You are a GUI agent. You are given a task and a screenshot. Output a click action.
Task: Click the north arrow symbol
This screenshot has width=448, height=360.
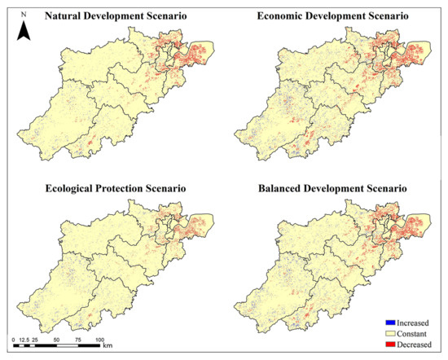tap(24, 30)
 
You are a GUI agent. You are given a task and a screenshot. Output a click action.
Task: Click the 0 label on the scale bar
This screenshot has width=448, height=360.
tap(14, 337)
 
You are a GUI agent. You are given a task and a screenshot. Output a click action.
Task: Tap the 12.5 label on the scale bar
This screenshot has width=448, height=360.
tap(24, 337)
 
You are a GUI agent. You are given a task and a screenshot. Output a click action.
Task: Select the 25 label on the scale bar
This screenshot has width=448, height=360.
tap(36, 337)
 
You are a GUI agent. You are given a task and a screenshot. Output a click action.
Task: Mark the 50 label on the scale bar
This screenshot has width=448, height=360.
tap(56, 337)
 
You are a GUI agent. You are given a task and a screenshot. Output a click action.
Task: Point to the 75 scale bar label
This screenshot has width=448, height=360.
tap(78, 337)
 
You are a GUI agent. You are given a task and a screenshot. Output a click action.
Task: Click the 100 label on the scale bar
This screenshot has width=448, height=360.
tap(99, 337)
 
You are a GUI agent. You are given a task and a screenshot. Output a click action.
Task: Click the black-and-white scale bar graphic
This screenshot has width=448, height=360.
tap(57, 345)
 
